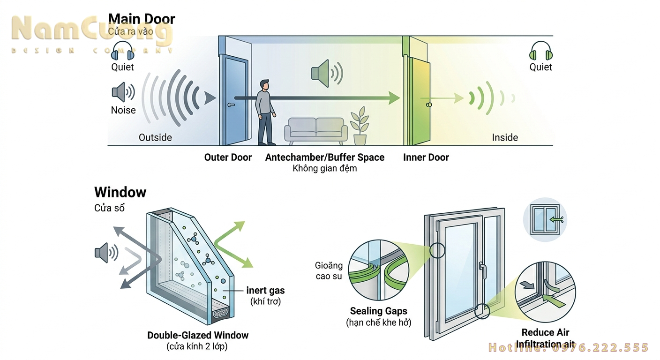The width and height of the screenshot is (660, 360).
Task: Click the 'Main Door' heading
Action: (x=142, y=19)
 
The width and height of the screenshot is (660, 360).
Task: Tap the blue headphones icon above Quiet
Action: (x=122, y=50)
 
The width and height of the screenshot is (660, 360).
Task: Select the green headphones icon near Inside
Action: (x=540, y=50)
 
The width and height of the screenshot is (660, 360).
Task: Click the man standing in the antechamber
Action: (x=265, y=112)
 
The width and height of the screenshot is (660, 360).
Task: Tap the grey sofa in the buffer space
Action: (x=316, y=129)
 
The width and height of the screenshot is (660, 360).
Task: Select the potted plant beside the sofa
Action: (x=360, y=126)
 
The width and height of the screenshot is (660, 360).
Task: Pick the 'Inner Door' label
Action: (x=426, y=157)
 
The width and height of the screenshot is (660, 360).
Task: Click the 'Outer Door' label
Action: (x=228, y=157)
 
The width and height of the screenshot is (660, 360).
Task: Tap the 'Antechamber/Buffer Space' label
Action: (x=324, y=157)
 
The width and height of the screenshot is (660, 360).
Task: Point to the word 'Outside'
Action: (x=155, y=137)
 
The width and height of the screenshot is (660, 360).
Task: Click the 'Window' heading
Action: (x=120, y=192)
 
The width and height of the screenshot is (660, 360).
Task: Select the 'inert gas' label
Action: (x=265, y=291)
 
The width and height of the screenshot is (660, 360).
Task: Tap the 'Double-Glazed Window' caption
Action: (x=198, y=335)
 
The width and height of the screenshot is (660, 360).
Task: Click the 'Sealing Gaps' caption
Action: (x=378, y=311)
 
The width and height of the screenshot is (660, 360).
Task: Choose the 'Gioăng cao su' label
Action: (x=329, y=271)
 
